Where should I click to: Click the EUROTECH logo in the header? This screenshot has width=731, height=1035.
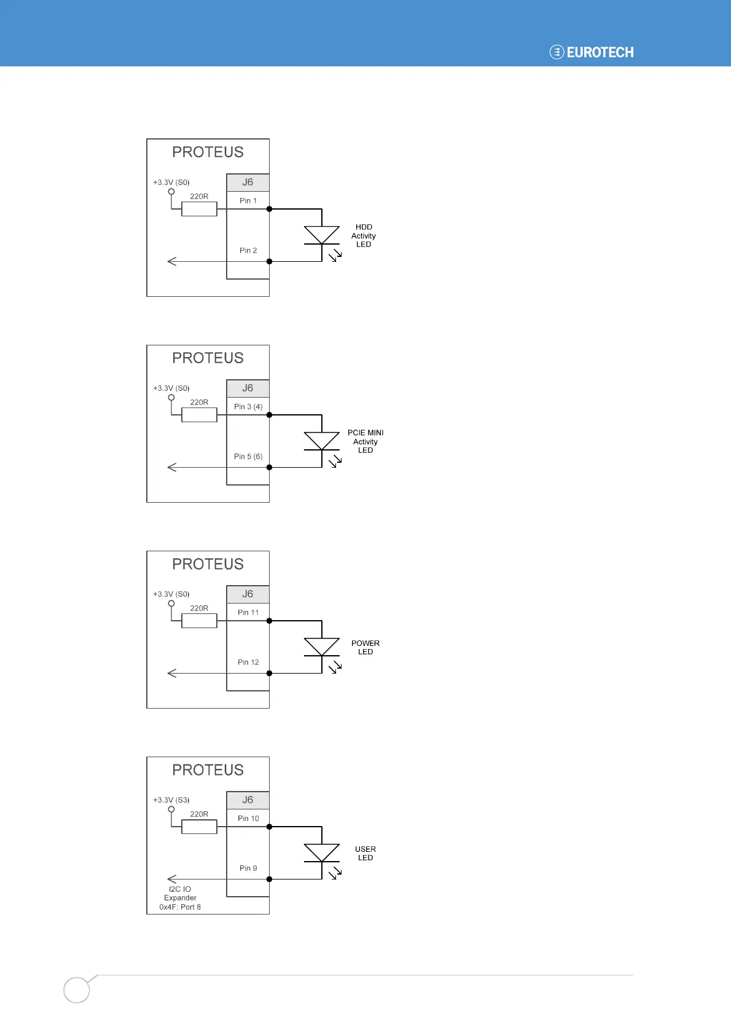click(x=592, y=52)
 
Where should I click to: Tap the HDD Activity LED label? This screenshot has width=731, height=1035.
click(x=364, y=236)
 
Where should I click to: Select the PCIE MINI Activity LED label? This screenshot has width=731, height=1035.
click(x=365, y=441)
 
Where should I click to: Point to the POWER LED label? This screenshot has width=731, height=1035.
click(x=365, y=648)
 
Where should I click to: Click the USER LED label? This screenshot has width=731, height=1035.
click(x=365, y=854)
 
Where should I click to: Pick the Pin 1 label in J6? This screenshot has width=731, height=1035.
click(x=248, y=201)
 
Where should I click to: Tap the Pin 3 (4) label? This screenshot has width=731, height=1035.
click(x=248, y=407)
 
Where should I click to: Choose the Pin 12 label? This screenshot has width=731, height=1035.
click(x=248, y=663)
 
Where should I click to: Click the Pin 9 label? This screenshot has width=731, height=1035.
click(x=248, y=868)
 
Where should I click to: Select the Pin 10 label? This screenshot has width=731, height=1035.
click(x=248, y=819)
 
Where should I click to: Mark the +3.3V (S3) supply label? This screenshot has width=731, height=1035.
click(x=171, y=800)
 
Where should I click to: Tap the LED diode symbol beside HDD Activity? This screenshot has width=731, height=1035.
click(x=322, y=235)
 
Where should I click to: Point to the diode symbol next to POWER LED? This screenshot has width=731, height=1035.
click(x=322, y=647)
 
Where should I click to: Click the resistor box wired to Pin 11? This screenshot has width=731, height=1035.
click(x=199, y=621)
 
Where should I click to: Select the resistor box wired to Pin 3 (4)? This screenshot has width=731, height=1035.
click(x=199, y=415)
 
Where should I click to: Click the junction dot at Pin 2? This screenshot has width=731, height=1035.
click(x=269, y=262)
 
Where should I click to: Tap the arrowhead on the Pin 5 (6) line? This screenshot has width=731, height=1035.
click(x=172, y=468)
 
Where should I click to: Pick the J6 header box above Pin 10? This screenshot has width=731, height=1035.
click(x=248, y=800)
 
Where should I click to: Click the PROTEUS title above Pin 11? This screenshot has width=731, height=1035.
click(x=208, y=564)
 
